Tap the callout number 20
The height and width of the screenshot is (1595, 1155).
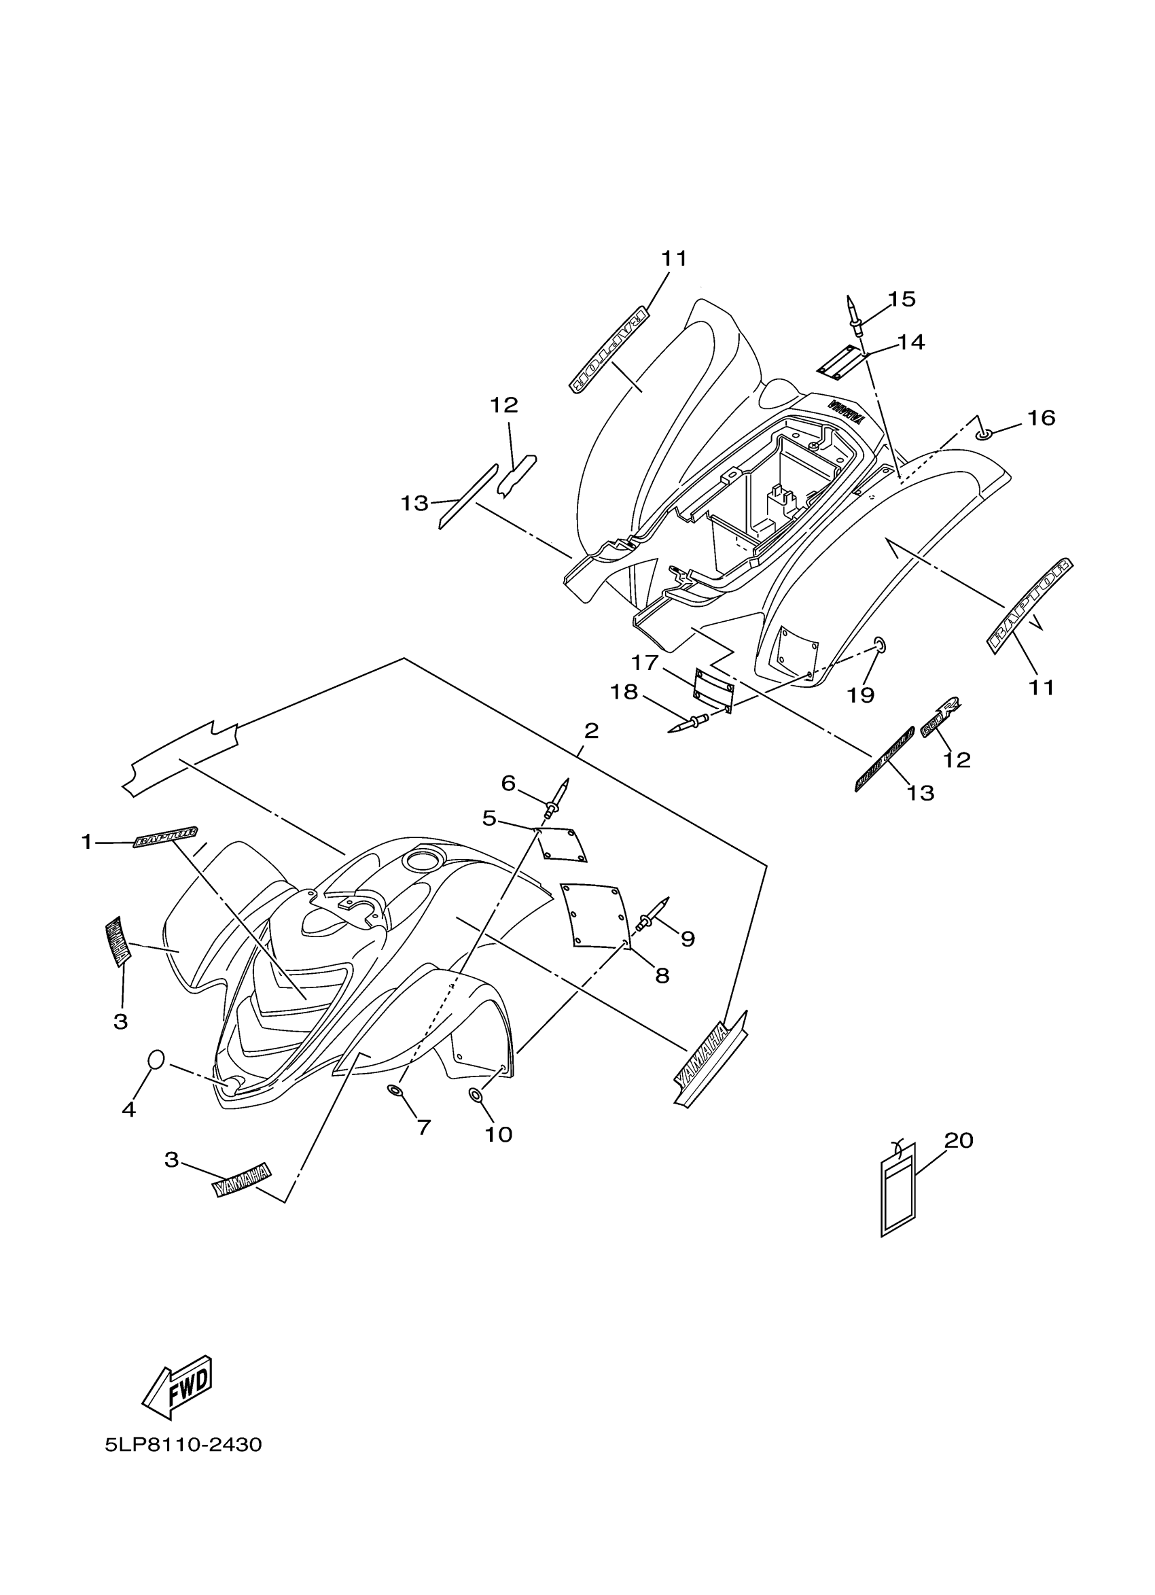(958, 1140)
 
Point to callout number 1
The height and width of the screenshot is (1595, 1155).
(86, 842)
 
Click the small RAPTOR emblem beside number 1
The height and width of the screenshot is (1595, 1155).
(166, 837)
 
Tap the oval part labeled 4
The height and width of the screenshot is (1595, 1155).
(156, 1059)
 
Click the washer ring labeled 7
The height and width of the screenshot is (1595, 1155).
(395, 1090)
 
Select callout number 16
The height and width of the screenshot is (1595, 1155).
(1041, 418)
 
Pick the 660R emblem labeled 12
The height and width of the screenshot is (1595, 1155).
(940, 724)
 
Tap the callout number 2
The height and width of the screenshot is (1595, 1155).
(590, 731)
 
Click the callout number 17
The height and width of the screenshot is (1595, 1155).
(644, 663)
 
